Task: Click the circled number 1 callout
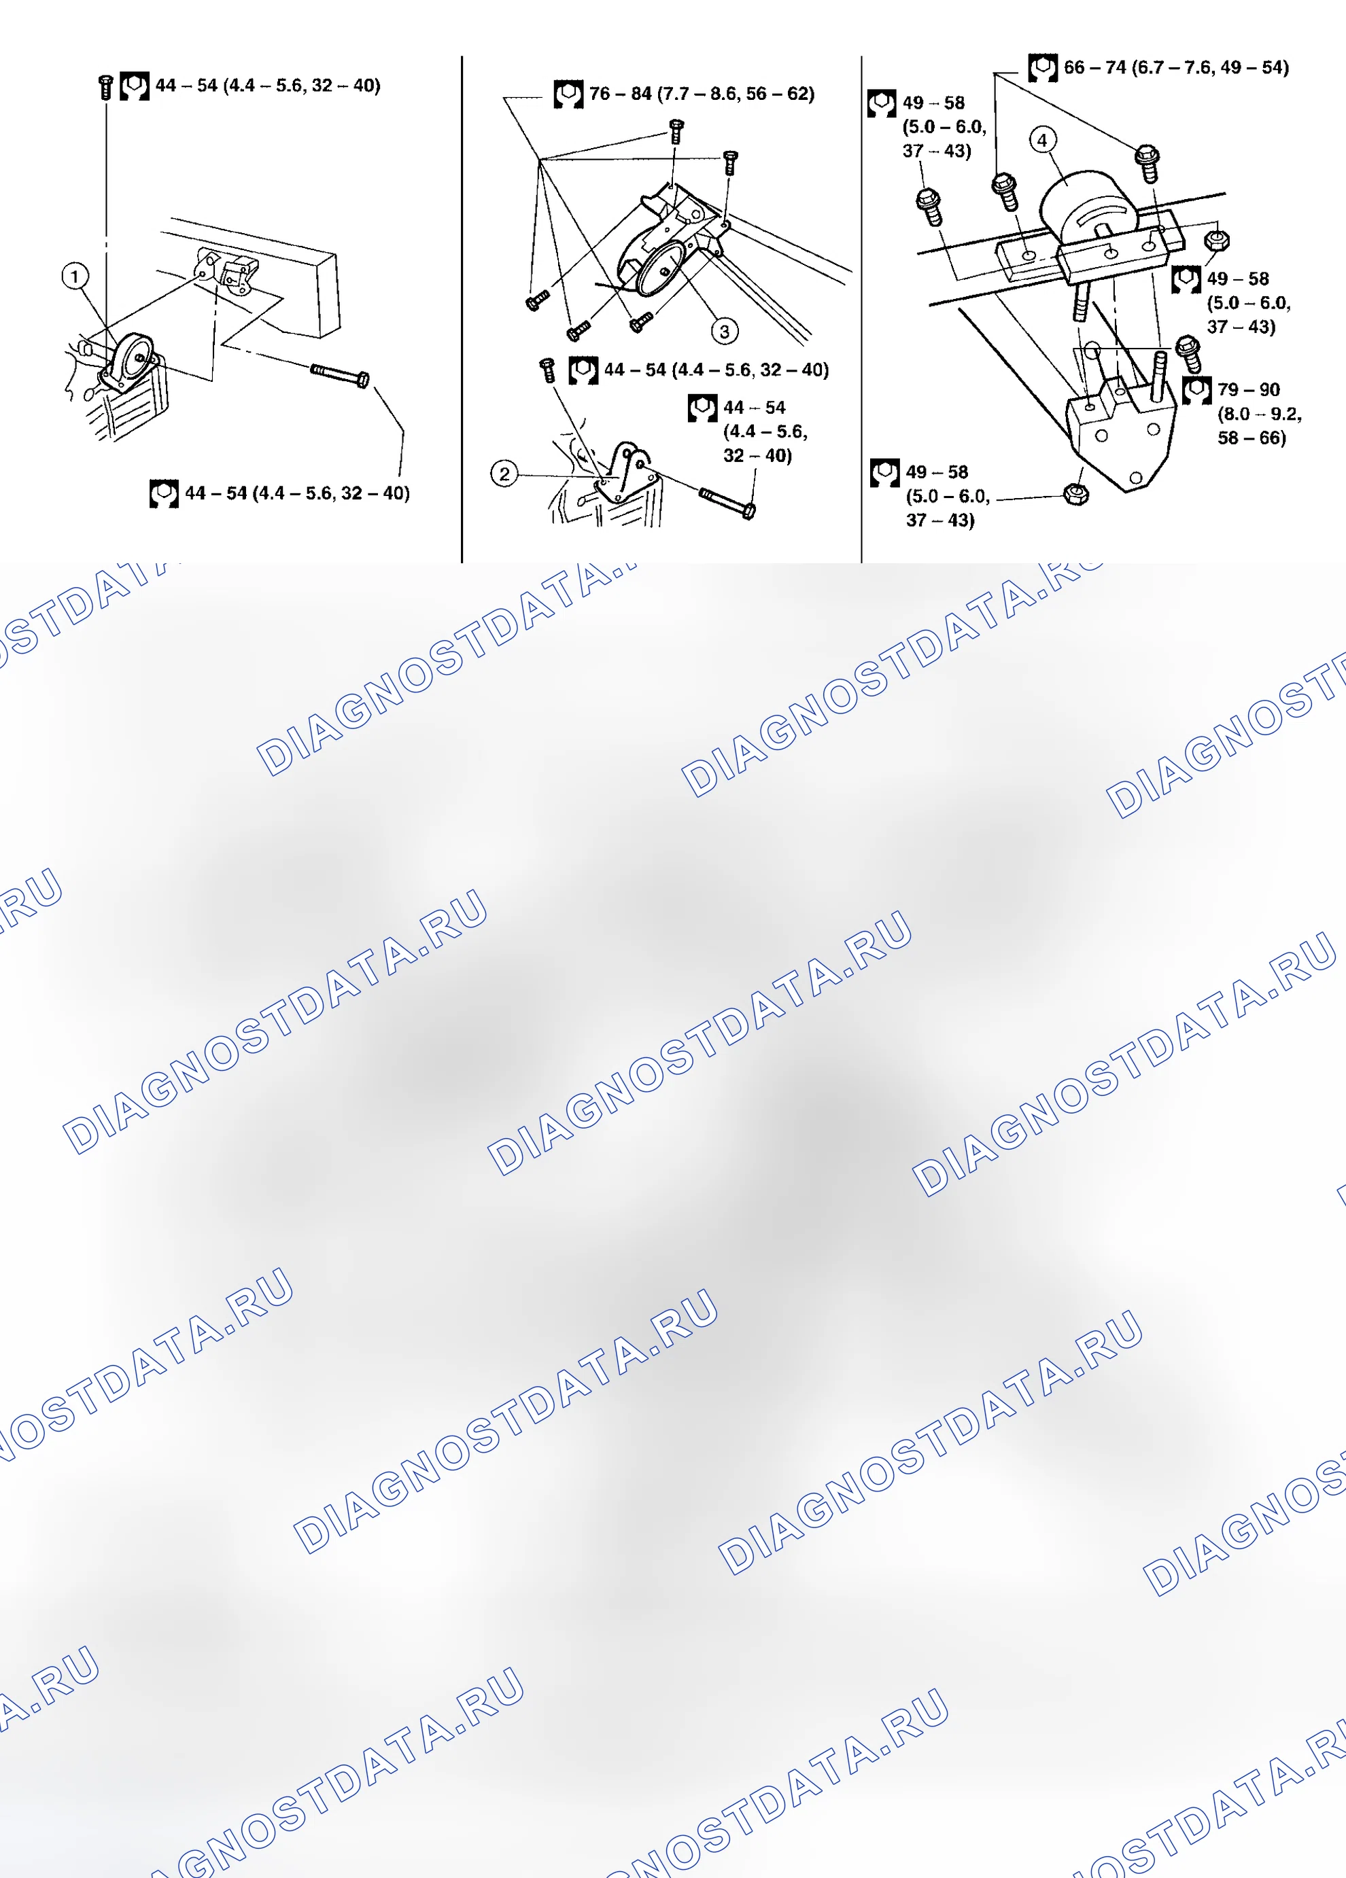click(x=75, y=276)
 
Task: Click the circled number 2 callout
click(x=504, y=474)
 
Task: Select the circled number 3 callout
click(x=725, y=331)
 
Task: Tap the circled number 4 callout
click(x=1042, y=140)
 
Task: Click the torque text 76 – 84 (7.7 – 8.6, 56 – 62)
click(x=702, y=94)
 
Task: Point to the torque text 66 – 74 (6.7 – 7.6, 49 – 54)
click(x=1176, y=67)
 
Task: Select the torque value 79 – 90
click(x=1248, y=389)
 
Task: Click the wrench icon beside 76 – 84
click(x=568, y=94)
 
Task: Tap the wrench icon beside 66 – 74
click(x=1043, y=68)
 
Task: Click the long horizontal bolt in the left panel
click(x=340, y=374)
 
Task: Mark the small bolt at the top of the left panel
click(x=105, y=87)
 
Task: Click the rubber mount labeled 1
click(x=129, y=360)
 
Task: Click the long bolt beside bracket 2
click(x=727, y=503)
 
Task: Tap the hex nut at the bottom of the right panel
click(x=1076, y=495)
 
